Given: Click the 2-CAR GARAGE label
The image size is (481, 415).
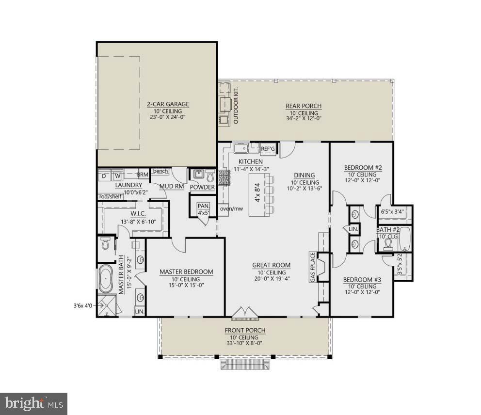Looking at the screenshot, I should [x=168, y=104].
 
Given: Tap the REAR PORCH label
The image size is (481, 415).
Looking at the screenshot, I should [x=304, y=106].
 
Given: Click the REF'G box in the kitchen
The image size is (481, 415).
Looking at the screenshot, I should [x=268, y=149].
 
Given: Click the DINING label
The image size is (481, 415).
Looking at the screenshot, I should [x=304, y=175].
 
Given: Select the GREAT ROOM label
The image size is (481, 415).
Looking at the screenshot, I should [x=271, y=265].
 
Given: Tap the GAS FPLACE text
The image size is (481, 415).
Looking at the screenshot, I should [x=313, y=267].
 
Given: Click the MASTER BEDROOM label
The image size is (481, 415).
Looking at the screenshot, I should [x=186, y=272].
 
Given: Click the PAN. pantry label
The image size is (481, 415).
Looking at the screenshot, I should [x=203, y=206].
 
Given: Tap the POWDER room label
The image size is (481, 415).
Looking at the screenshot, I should [x=202, y=187].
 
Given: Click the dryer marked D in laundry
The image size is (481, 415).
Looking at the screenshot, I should [x=104, y=175].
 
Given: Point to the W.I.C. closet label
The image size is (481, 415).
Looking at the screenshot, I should [x=137, y=214].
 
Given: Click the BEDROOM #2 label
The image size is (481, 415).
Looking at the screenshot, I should [x=363, y=168].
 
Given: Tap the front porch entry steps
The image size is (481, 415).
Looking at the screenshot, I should [x=245, y=364].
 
